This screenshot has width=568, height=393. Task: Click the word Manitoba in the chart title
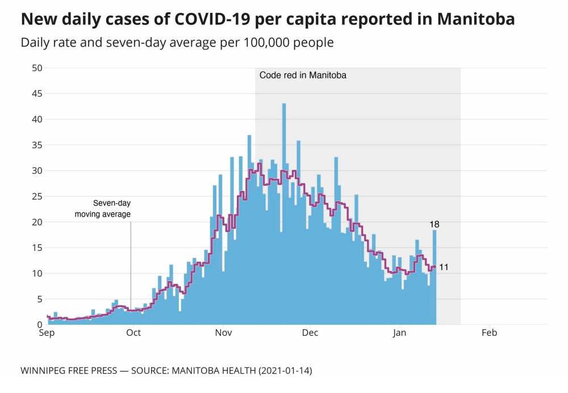[476, 19]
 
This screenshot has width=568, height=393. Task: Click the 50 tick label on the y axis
[36, 68]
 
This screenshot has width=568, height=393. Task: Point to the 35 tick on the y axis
[36, 145]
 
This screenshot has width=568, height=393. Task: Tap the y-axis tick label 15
[36, 248]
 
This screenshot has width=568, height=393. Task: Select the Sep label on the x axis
[47, 333]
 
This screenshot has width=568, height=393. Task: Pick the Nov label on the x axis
[223, 333]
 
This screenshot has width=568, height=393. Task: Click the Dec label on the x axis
[311, 333]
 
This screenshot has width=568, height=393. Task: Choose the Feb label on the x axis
[489, 333]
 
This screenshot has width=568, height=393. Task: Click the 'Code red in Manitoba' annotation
[303, 75]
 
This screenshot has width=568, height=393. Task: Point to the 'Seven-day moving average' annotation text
[103, 209]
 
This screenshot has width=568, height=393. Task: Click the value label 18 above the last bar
[435, 224]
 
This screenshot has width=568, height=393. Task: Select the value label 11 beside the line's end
[444, 267]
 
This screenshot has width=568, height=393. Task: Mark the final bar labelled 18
[435, 278]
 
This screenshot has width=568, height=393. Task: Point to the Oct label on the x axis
[133, 333]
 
